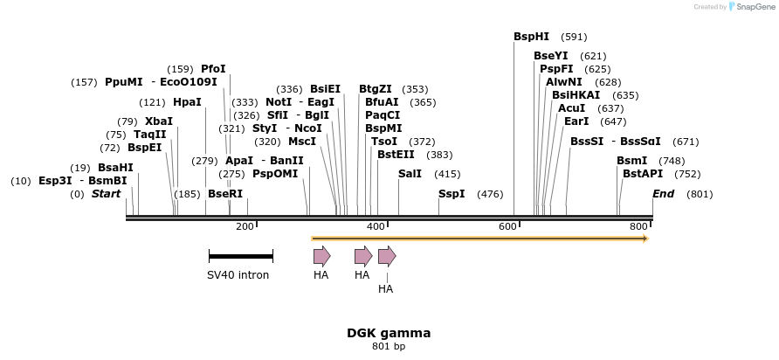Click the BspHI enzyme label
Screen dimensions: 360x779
[x=531, y=37]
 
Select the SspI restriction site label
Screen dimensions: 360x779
[x=452, y=193]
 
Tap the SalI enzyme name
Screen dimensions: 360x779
[x=410, y=174]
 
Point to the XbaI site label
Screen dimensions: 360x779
[x=159, y=121]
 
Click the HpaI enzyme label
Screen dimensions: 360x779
[x=187, y=102]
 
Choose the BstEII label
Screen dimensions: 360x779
[x=396, y=155]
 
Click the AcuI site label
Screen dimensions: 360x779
[x=572, y=108]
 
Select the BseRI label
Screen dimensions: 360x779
[x=225, y=193]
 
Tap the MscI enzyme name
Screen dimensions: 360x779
[x=302, y=142]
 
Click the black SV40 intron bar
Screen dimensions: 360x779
[x=241, y=256]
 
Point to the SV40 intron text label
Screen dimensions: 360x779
[x=238, y=275]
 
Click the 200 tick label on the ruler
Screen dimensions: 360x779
[x=245, y=227]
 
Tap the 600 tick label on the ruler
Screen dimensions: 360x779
[x=508, y=227]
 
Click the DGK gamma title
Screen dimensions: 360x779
[x=389, y=333]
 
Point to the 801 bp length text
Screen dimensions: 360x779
[x=389, y=347]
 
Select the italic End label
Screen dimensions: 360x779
[x=664, y=193]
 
